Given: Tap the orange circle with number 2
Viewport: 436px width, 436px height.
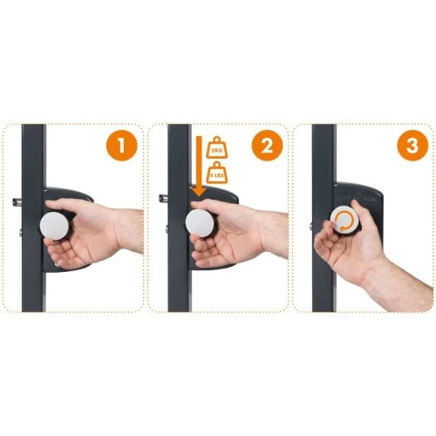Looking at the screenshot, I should (x=262, y=146).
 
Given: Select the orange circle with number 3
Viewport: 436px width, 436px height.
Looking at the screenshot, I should (x=402, y=146).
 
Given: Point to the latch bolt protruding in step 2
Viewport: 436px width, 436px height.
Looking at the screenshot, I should (x=162, y=198).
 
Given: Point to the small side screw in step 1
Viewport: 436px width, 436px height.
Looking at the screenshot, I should (x=22, y=234).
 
